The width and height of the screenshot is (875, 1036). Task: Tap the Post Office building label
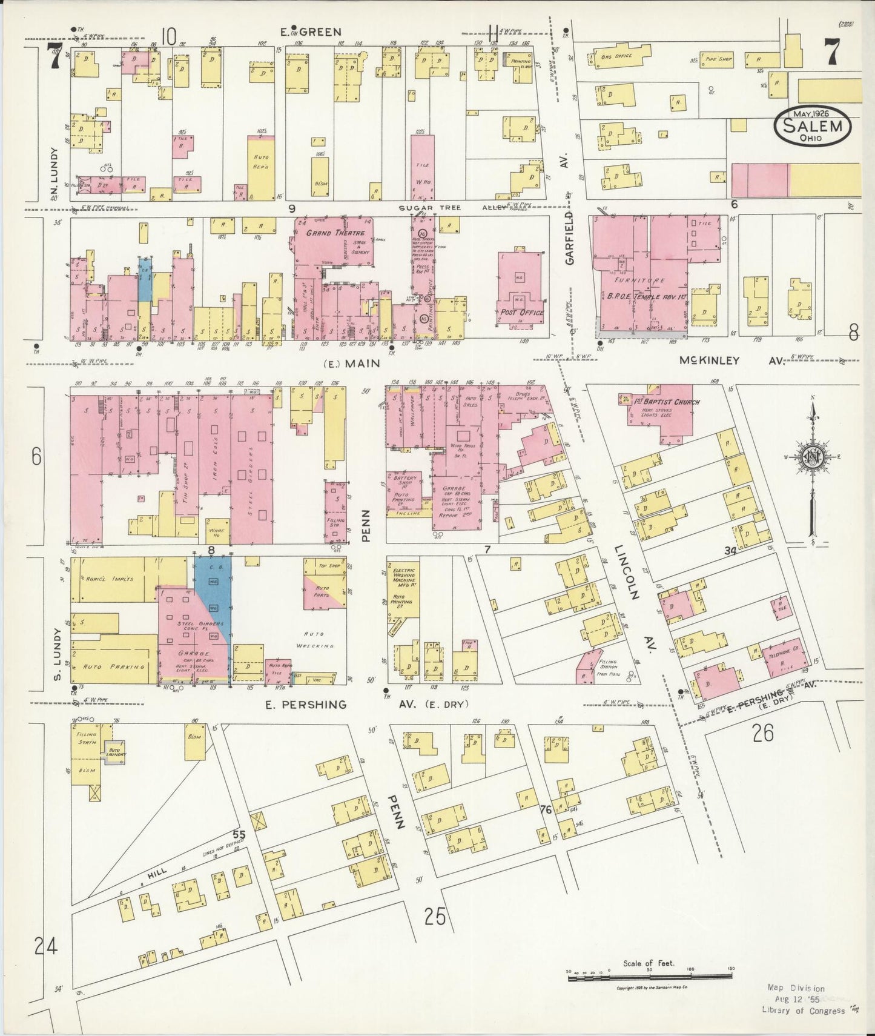pos(522,313)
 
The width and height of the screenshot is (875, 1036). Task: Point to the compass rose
pos(813,459)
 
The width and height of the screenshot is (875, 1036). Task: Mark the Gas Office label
pos(616,56)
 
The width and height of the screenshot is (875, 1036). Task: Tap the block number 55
pos(239,835)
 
